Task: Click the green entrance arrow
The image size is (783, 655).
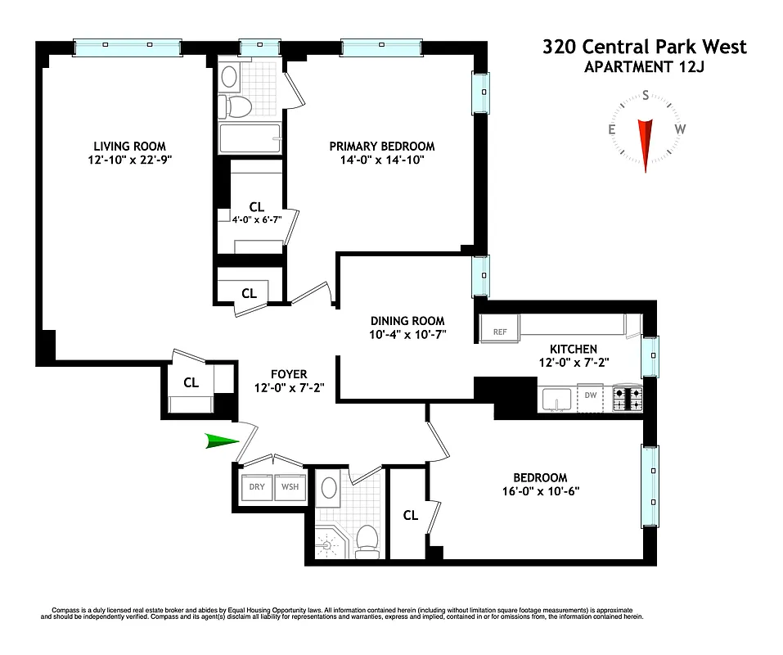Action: pyautogui.click(x=221, y=442)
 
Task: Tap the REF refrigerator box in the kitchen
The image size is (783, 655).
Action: pyautogui.click(x=499, y=332)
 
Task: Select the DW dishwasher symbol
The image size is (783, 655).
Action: pyautogui.click(x=590, y=396)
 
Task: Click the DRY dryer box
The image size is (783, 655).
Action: pyautogui.click(x=257, y=486)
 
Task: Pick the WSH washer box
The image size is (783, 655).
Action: pyautogui.click(x=290, y=486)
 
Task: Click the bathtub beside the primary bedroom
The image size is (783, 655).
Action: pyautogui.click(x=250, y=138)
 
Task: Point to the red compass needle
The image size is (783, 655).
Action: pyautogui.click(x=646, y=143)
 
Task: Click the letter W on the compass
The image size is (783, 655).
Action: pyautogui.click(x=679, y=129)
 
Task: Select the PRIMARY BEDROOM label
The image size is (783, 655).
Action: pyautogui.click(x=382, y=146)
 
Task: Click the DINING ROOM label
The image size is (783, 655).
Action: pyautogui.click(x=407, y=320)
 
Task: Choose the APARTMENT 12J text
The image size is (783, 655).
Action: pyautogui.click(x=644, y=67)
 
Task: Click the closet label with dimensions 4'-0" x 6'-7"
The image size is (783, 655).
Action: pyautogui.click(x=251, y=219)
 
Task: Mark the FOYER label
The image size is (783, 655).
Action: pyautogui.click(x=289, y=374)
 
